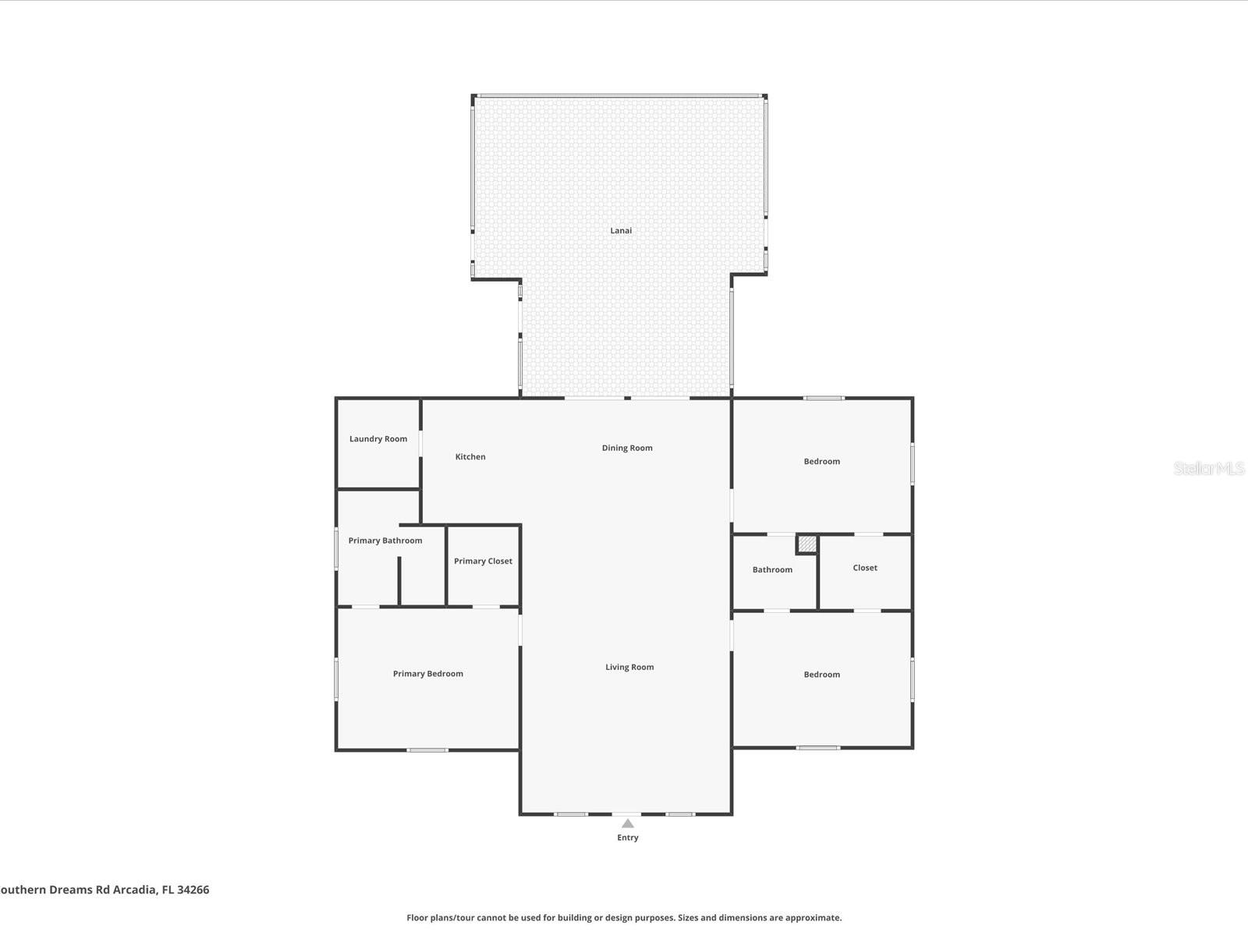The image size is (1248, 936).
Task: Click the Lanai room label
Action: click(621, 230)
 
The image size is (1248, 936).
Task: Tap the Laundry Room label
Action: click(378, 439)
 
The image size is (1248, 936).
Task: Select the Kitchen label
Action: click(470, 457)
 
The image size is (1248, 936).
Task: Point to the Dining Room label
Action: click(627, 448)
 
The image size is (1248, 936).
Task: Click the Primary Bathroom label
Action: click(385, 541)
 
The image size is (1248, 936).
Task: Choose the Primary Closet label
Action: click(483, 561)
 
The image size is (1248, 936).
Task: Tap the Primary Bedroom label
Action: click(427, 674)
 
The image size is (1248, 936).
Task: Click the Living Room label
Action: click(629, 667)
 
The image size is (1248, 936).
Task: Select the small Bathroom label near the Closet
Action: click(772, 569)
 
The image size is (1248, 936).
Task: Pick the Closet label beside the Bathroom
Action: click(865, 568)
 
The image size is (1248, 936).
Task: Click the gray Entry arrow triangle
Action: click(628, 824)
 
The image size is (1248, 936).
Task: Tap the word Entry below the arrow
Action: click(628, 838)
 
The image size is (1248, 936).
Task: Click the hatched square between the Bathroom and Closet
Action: click(807, 544)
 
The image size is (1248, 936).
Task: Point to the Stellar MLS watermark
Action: click(1208, 468)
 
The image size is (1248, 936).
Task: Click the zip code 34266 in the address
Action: click(193, 889)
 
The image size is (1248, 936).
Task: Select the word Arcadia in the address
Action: click(134, 889)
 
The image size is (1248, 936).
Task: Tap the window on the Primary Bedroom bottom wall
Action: click(427, 750)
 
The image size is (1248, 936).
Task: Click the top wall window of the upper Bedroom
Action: click(824, 399)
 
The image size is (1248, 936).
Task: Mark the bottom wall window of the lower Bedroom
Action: click(818, 748)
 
